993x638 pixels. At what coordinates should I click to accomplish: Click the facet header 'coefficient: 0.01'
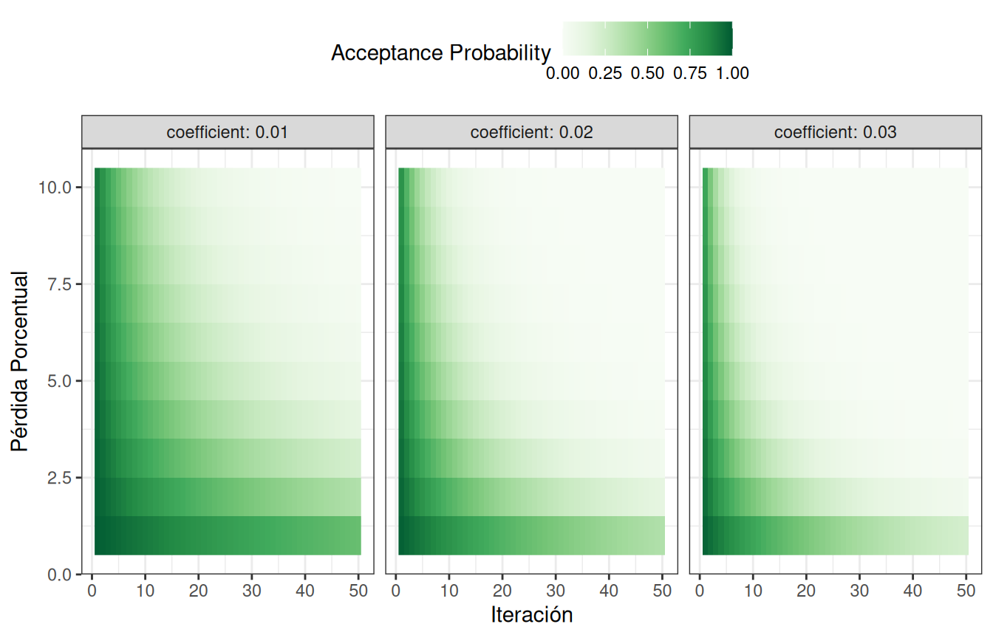pyautogui.click(x=228, y=133)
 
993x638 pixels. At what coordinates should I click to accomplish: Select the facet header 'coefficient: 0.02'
pyautogui.click(x=531, y=133)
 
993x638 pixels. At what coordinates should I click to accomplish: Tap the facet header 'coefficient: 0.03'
pyautogui.click(x=835, y=133)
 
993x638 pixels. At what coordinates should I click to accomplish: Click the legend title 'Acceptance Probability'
pyautogui.click(x=440, y=53)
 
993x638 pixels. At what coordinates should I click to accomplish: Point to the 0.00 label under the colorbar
pyautogui.click(x=562, y=73)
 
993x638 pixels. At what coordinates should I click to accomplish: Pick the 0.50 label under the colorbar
pyautogui.click(x=647, y=73)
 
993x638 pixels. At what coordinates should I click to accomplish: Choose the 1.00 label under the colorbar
pyautogui.click(x=732, y=73)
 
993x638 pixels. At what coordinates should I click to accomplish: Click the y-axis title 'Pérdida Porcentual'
pyautogui.click(x=20, y=361)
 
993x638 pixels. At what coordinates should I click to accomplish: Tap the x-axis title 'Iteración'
pyautogui.click(x=531, y=614)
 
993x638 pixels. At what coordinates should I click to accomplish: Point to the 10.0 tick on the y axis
pyautogui.click(x=55, y=188)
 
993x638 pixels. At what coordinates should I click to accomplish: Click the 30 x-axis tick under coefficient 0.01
pyautogui.click(x=252, y=591)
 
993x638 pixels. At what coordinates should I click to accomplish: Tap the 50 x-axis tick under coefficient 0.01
pyautogui.click(x=358, y=591)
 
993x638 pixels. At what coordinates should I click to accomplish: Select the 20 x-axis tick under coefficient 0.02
pyautogui.click(x=502, y=591)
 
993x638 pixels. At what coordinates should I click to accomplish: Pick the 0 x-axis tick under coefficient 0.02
pyautogui.click(x=396, y=591)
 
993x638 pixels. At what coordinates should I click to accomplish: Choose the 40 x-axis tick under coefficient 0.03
pyautogui.click(x=912, y=591)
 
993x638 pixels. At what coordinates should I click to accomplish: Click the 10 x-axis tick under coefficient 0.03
pyautogui.click(x=753, y=591)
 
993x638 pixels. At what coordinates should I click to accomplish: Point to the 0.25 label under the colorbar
pyautogui.click(x=605, y=73)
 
